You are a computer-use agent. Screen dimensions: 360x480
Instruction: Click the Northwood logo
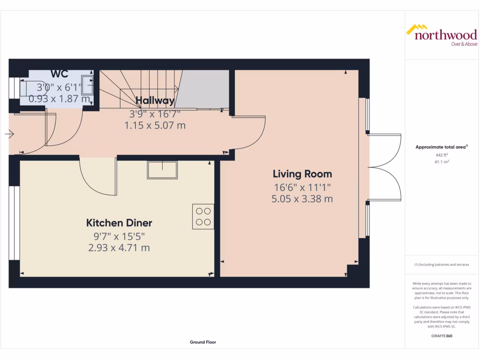coord(441,36)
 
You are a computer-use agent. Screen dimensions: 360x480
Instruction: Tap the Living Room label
coord(302,174)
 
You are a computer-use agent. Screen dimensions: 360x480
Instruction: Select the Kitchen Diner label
coord(119,223)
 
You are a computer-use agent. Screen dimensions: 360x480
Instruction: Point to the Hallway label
coord(155,100)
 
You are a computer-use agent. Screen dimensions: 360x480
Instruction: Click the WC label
coord(60,74)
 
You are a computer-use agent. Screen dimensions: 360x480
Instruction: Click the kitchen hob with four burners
coord(203,217)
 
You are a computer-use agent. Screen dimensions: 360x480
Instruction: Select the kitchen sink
coord(163,169)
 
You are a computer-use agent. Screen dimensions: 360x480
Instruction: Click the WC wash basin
coord(87,86)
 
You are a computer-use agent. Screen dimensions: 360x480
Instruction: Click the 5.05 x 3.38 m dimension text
coord(302,199)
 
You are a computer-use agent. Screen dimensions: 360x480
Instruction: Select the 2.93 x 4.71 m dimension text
coord(119,247)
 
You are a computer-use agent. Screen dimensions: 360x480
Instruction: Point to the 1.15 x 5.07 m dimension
coord(155,125)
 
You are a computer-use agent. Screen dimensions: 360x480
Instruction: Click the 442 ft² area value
coord(442,155)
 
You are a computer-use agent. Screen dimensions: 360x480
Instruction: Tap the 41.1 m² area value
coord(442,161)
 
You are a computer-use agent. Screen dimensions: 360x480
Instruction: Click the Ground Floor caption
coord(202,342)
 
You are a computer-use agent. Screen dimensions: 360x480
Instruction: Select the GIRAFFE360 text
coord(442,336)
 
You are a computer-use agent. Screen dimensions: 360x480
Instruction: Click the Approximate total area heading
coord(442,147)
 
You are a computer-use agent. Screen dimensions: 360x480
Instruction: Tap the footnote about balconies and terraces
coord(442,265)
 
